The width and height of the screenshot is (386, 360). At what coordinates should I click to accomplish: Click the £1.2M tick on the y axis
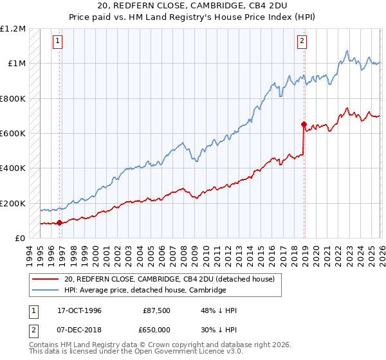(x=13, y=29)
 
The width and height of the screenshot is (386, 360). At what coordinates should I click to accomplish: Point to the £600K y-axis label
(x=13, y=134)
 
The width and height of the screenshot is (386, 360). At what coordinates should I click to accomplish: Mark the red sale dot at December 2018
(x=304, y=125)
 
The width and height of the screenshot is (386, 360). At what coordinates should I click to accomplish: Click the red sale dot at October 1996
(x=60, y=223)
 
